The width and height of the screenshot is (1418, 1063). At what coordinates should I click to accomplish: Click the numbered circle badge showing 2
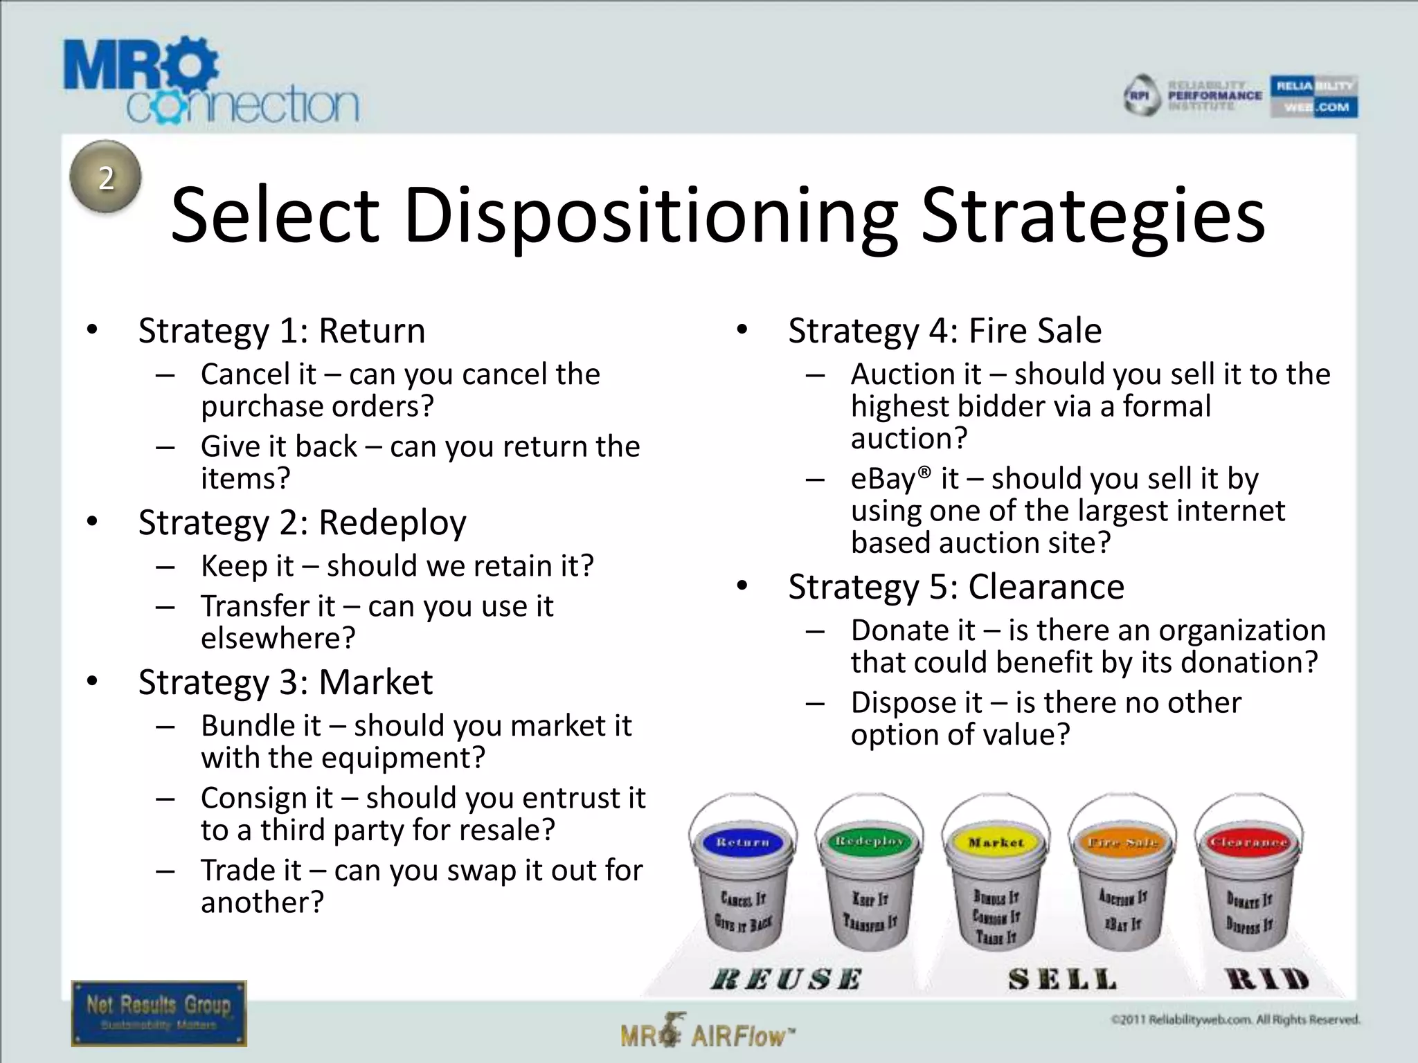click(106, 177)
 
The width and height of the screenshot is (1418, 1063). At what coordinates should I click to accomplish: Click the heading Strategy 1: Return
click(282, 331)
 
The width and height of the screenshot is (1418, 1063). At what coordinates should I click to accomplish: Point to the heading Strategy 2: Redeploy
click(302, 523)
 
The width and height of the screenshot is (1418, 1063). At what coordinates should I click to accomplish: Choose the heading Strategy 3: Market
click(285, 682)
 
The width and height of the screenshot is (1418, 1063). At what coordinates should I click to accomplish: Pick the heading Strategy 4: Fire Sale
click(944, 331)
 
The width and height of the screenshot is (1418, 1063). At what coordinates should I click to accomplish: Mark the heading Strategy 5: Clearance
click(956, 587)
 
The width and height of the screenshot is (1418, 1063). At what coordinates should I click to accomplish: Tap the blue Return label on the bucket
click(742, 842)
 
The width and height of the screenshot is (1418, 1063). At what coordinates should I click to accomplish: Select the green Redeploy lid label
click(869, 841)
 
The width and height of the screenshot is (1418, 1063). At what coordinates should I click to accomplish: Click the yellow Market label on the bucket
click(996, 842)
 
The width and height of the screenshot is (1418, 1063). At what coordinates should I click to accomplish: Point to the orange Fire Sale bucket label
click(1122, 842)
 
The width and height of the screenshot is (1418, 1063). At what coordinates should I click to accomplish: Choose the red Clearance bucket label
click(1249, 842)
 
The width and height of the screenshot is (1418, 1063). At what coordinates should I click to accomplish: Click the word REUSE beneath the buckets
click(786, 979)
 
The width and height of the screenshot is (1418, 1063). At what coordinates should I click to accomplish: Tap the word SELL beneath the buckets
click(1062, 979)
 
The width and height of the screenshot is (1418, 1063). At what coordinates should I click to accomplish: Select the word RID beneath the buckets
click(1267, 979)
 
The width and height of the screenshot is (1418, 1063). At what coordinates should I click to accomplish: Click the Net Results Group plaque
click(159, 1012)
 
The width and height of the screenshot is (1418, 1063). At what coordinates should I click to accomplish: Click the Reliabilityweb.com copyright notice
click(1235, 1019)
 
